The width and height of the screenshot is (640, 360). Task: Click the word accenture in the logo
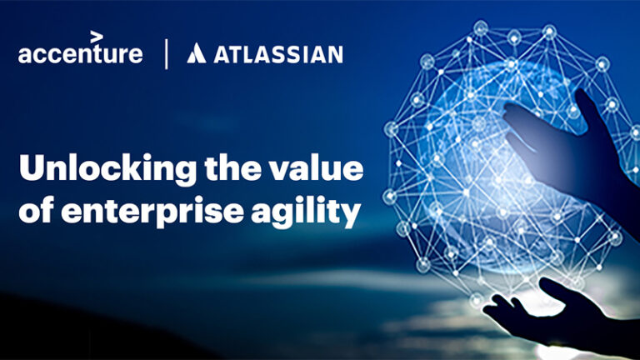click(x=80, y=54)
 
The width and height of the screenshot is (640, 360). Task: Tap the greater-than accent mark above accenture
click(x=97, y=36)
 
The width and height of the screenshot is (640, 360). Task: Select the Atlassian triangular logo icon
click(x=196, y=54)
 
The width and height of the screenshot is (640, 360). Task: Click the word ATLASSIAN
click(x=277, y=55)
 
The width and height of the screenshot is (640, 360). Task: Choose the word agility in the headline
click(x=316, y=213)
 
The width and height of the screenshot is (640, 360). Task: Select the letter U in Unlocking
click(x=32, y=169)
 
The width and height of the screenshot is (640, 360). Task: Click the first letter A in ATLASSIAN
click(x=222, y=55)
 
